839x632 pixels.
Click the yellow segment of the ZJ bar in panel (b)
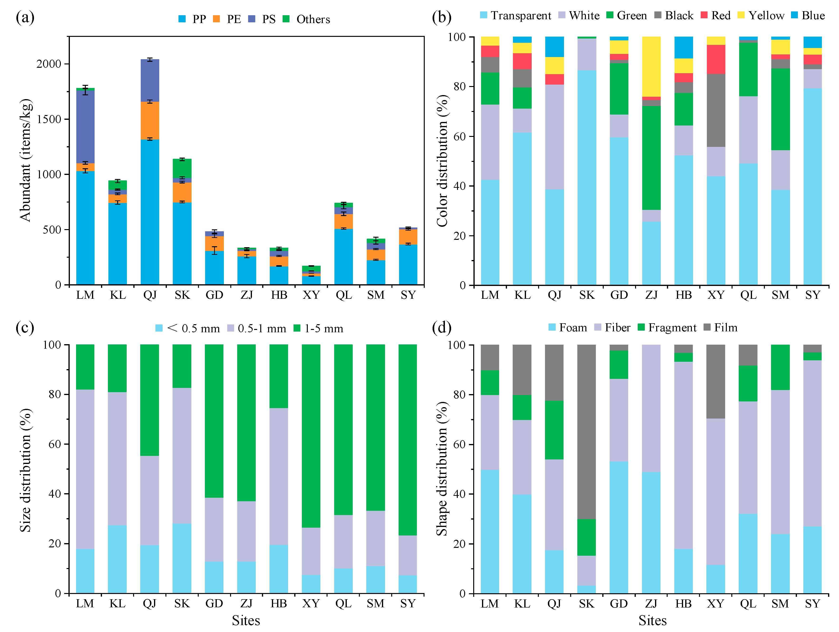pyautogui.click(x=651, y=66)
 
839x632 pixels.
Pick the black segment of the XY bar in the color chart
pyautogui.click(x=716, y=110)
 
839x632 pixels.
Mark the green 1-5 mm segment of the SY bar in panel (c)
pyautogui.click(x=408, y=440)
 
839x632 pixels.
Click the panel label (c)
pyautogui.click(x=25, y=327)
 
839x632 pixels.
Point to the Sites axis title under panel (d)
pyautogui.click(x=652, y=621)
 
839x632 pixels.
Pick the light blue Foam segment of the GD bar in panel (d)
pyautogui.click(x=619, y=527)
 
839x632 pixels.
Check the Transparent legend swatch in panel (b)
pyautogui.click(x=484, y=15)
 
